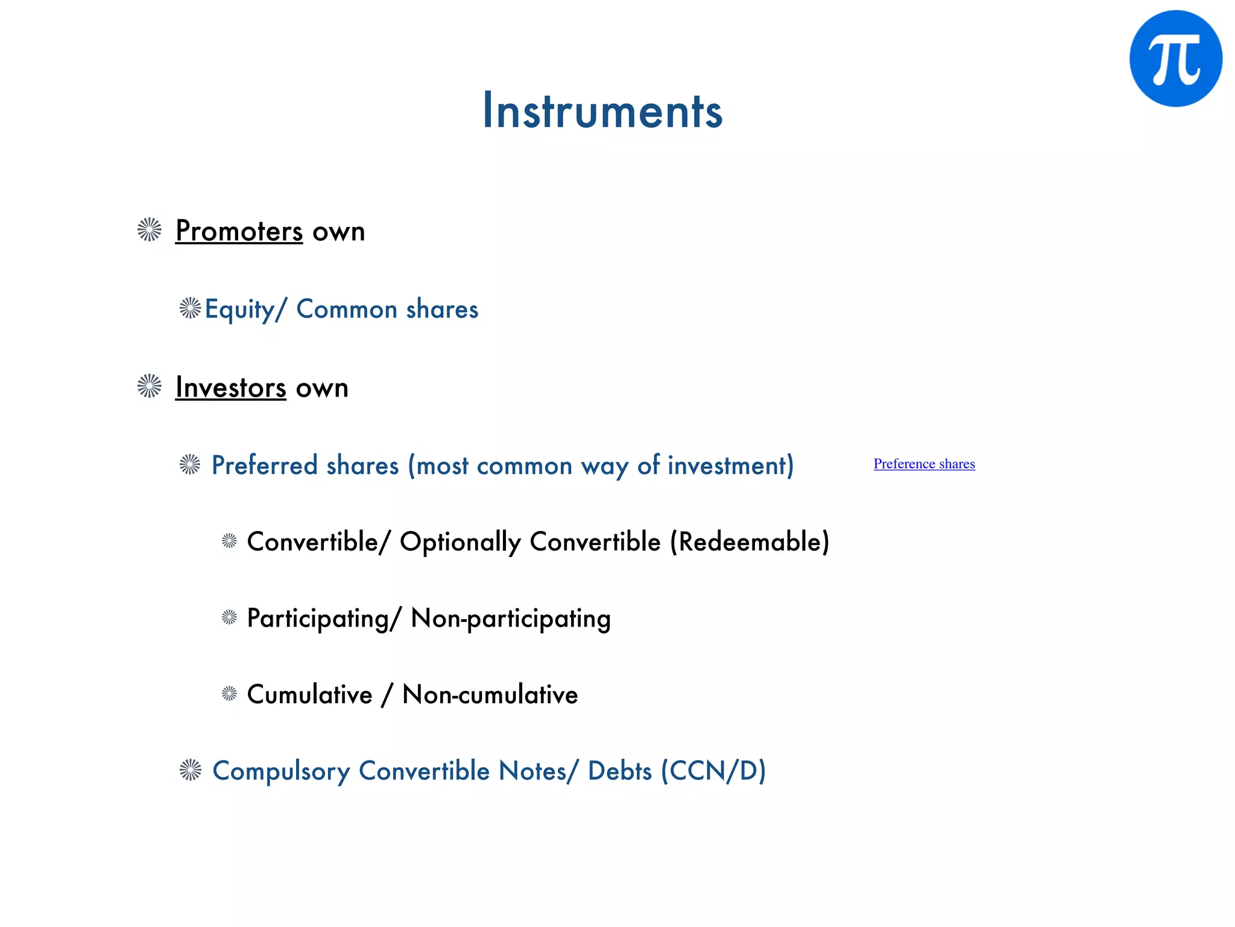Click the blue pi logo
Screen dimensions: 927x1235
1175,59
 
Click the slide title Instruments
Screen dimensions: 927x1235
602,111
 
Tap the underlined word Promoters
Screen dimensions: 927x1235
239,231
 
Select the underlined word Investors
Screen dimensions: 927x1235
230,387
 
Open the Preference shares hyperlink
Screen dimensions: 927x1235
924,463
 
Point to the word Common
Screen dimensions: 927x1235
347,310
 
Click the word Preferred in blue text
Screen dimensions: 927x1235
264,466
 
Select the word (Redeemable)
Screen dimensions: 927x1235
750,542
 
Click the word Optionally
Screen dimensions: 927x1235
460,542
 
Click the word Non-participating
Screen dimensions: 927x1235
511,619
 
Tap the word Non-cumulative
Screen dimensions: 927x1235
490,695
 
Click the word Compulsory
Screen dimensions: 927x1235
281,771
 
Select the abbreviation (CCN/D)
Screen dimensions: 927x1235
713,771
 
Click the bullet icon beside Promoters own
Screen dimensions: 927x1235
150,230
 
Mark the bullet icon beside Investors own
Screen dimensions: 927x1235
150,386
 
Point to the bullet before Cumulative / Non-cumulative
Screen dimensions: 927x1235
229,693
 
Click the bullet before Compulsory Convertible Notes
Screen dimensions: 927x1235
191,770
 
